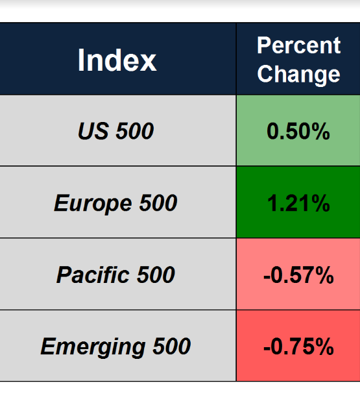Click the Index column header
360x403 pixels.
[117, 60]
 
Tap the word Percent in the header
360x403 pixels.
[298, 45]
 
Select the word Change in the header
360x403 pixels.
[298, 74]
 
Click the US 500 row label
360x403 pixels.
[116, 131]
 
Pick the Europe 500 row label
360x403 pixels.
[115, 204]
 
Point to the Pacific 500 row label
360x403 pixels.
[115, 275]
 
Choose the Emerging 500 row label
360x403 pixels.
[115, 347]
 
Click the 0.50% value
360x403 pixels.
[298, 131]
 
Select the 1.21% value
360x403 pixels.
[298, 203]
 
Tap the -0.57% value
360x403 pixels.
[298, 275]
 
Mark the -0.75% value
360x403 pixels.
[298, 347]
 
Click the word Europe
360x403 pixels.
[93, 204]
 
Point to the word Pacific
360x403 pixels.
[93, 275]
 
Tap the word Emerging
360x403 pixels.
[93, 348]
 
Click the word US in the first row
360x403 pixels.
[93, 131]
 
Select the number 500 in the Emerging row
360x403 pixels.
[172, 346]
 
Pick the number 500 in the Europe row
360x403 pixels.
[158, 202]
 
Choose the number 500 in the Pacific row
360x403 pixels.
[156, 275]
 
